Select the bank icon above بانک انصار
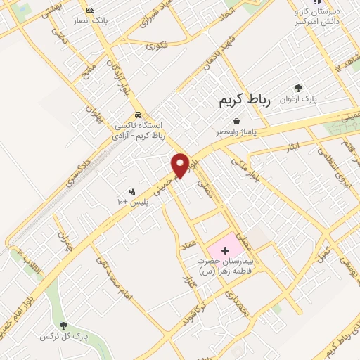pyautogui.click(x=89, y=10)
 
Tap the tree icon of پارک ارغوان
pyautogui.click(x=299, y=88)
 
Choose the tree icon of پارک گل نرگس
pyautogui.click(x=64, y=325)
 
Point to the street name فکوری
pyautogui.click(x=157, y=46)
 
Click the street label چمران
pyautogui.click(x=65, y=241)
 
